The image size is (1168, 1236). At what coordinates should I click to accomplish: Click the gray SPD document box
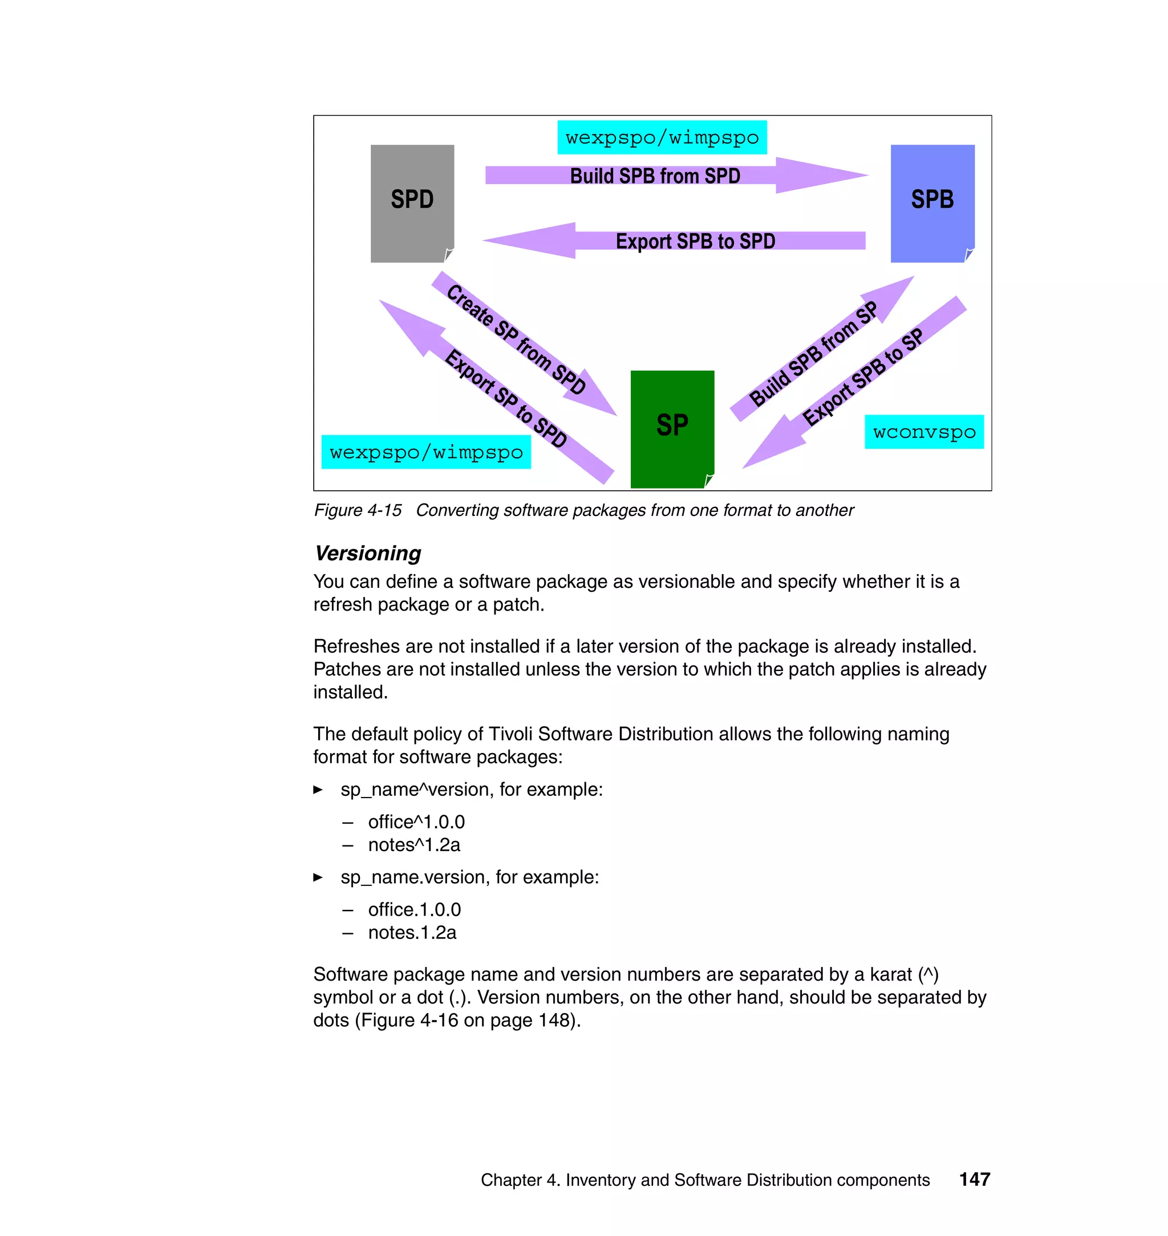[412, 203]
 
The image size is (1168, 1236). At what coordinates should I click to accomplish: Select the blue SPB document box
[932, 203]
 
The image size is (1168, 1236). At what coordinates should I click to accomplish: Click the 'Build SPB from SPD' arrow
[655, 176]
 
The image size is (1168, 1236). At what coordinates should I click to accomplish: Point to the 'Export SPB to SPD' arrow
[694, 241]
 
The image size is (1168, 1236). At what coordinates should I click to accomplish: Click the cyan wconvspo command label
[924, 432]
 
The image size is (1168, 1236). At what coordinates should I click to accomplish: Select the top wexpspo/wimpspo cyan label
[662, 137]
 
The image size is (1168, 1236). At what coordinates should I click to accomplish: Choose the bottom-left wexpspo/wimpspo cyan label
[426, 453]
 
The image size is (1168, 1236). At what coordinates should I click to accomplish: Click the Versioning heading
[368, 553]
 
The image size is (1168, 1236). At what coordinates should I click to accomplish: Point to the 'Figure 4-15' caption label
[358, 510]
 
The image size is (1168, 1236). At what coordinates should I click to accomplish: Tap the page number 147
[974, 1179]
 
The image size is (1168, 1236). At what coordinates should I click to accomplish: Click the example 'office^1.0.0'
[416, 822]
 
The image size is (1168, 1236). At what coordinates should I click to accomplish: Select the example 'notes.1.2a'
[412, 932]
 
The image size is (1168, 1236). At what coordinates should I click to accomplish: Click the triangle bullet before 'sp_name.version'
[318, 877]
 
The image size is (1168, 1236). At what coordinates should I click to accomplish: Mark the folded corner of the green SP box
[708, 480]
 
